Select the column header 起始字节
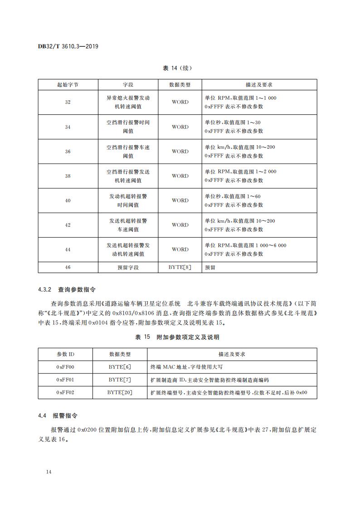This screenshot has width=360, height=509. (68, 85)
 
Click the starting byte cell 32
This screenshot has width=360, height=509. (68, 103)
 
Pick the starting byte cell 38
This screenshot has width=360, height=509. (68, 176)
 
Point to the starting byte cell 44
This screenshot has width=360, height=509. (68, 250)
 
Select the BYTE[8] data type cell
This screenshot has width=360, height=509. (180, 268)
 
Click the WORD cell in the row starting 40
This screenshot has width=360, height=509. (180, 201)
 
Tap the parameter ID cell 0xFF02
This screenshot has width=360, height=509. (66, 392)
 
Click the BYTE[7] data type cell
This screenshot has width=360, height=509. (120, 379)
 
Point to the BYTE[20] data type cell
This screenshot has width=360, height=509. (120, 392)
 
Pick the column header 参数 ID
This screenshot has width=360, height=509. (66, 354)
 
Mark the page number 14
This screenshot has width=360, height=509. (49, 472)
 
